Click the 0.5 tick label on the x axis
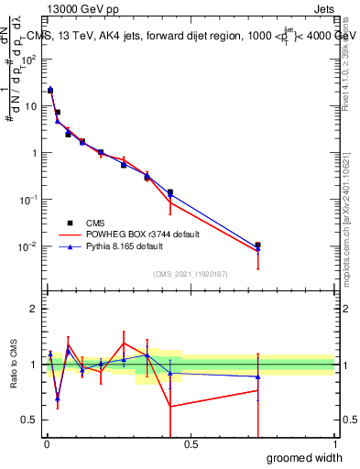191,445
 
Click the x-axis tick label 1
334,445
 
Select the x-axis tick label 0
47,445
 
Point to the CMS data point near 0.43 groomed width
170,192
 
